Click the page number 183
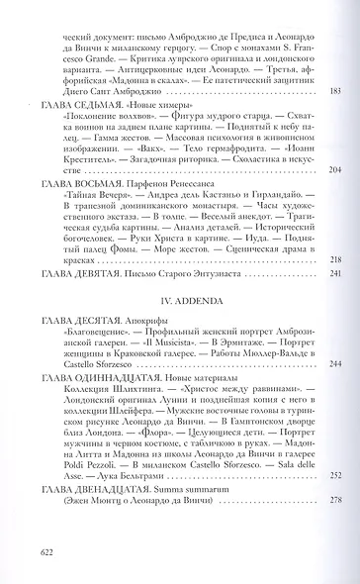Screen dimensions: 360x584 (x=332, y=90)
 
